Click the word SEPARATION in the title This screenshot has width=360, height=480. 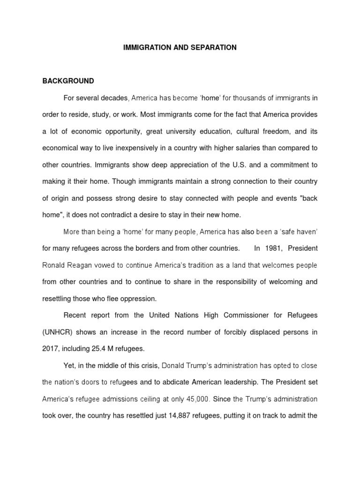pyautogui.click(x=214, y=47)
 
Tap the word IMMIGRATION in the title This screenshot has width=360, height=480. pyautogui.click(x=143, y=47)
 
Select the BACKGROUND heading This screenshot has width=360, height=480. pyautogui.click(x=68, y=81)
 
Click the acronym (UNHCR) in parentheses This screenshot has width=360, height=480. pyautogui.click(x=59, y=332)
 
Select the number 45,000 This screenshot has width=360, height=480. pyautogui.click(x=195, y=399)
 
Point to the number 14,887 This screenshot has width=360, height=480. pyautogui.click(x=182, y=416)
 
